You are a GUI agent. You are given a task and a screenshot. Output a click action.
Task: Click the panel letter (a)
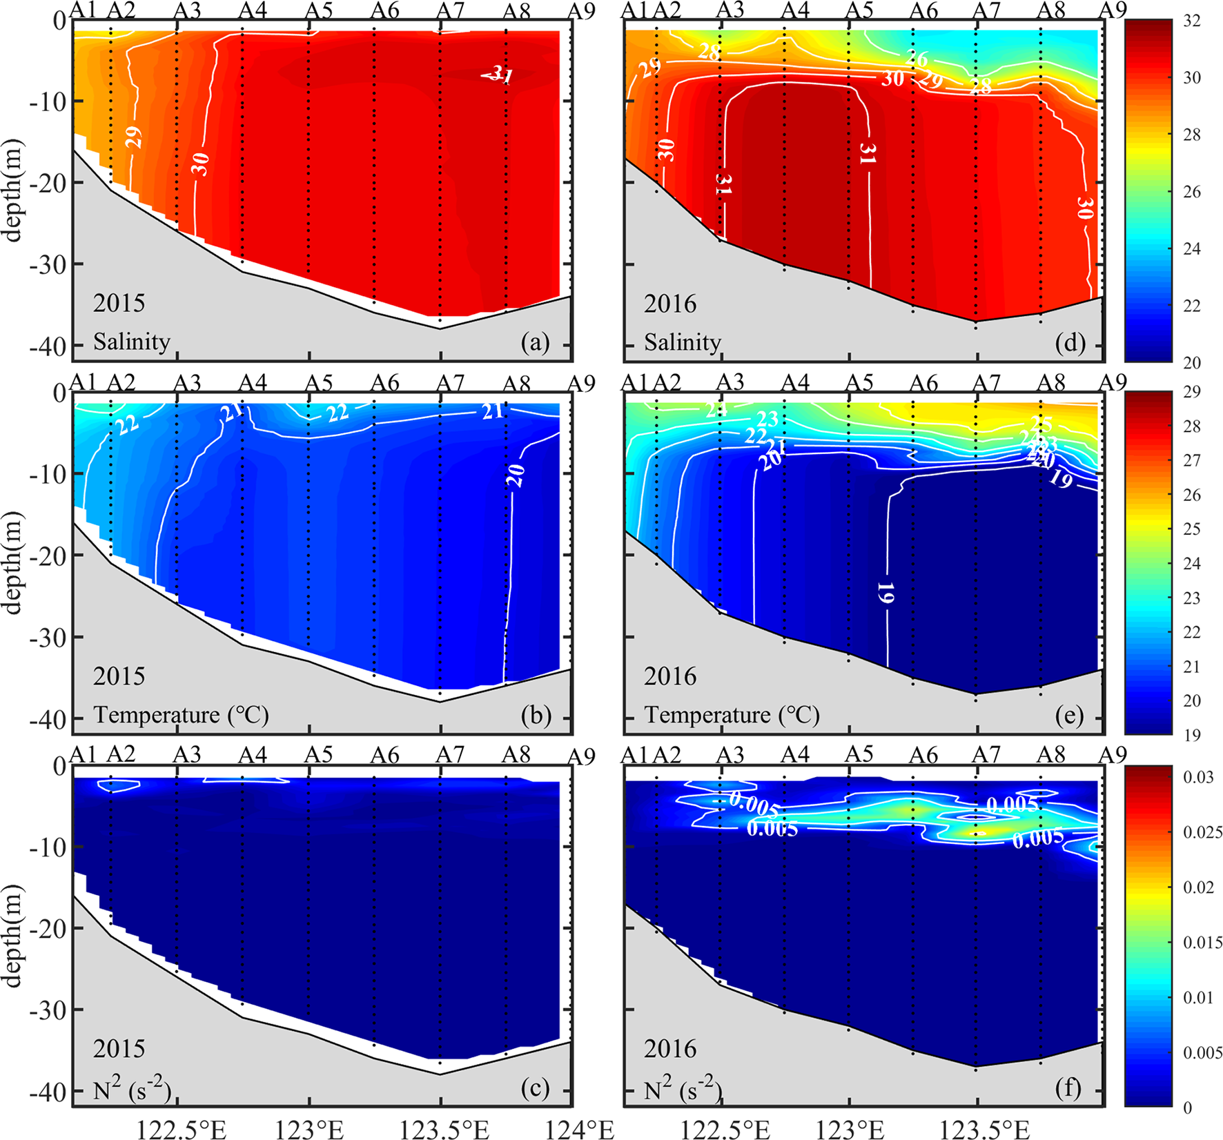pos(536,343)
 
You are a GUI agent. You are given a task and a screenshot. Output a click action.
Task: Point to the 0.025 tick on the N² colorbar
pos(1202,833)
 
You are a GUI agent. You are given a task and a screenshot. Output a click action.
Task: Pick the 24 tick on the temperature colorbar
pos(1192,564)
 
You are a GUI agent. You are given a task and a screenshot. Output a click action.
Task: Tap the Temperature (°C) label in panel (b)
pos(181,715)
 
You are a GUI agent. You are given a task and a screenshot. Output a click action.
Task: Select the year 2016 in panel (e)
pos(669,676)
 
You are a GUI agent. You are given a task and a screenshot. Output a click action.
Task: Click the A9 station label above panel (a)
pos(581,11)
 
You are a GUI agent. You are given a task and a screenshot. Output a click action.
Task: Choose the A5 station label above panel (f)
pos(859,756)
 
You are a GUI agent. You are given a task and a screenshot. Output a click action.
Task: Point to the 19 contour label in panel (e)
pos(886,592)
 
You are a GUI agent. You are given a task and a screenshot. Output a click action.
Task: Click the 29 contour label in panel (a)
pos(134,137)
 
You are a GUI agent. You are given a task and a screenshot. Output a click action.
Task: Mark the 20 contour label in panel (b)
pos(517,475)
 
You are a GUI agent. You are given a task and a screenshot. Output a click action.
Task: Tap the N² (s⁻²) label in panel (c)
pos(131,1089)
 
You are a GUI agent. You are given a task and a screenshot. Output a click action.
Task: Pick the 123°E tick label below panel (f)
pos(850,1129)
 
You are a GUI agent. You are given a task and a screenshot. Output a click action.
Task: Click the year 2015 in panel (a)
pos(119,304)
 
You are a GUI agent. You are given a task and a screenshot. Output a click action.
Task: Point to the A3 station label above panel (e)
pos(730,383)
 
